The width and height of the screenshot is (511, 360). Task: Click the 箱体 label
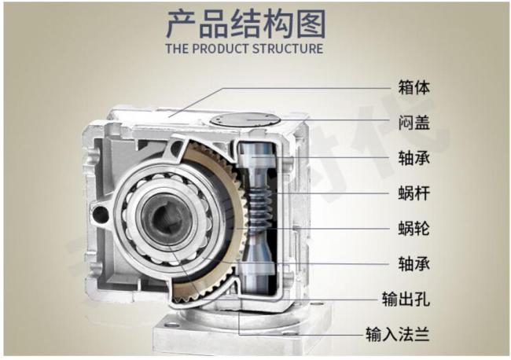point(414,87)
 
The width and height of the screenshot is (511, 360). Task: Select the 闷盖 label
point(414,123)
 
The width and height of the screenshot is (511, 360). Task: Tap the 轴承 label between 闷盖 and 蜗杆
point(414,158)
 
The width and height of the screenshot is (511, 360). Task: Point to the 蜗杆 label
point(414,193)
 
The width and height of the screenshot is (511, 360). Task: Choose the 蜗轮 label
point(414,229)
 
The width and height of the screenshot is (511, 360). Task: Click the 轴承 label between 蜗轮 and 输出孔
point(414,264)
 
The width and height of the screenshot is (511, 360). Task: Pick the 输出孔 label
point(406,299)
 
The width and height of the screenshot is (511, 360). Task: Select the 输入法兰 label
point(398,334)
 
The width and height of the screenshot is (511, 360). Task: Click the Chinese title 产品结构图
point(246,24)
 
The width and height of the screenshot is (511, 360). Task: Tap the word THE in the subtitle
point(177,49)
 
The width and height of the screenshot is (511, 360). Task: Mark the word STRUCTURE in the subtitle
point(288,49)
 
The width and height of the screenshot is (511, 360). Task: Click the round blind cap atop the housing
point(245,120)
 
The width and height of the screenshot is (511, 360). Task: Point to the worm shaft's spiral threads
point(260,206)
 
